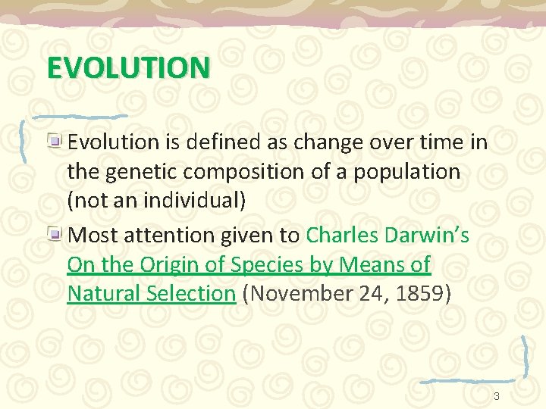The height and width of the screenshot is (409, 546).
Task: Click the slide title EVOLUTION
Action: [x=127, y=67]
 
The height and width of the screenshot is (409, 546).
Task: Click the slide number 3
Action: [x=497, y=396]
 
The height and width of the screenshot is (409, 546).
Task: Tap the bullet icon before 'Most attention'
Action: [x=57, y=234]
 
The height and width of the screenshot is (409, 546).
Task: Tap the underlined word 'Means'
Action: [x=369, y=265]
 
